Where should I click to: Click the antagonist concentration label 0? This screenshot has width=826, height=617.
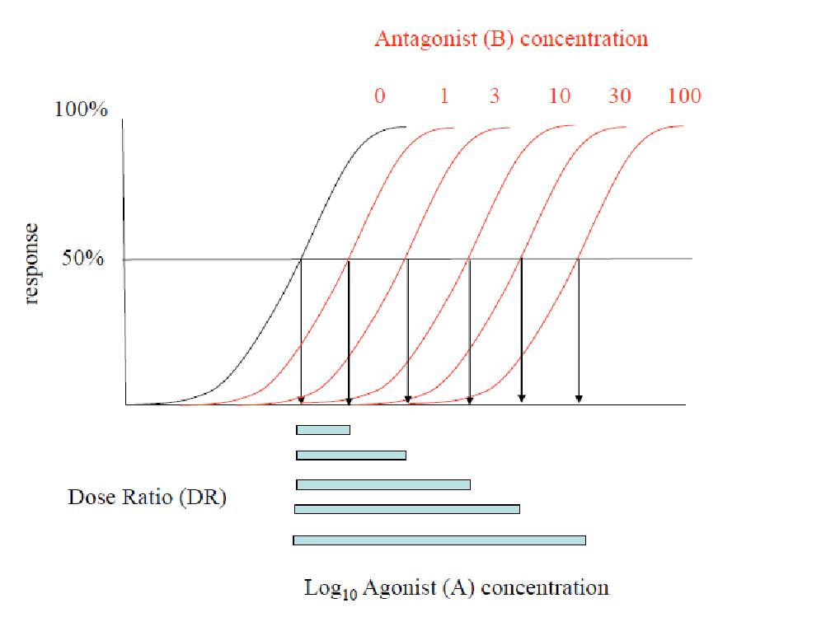[379, 96]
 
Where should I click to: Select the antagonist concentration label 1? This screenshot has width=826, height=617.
[444, 96]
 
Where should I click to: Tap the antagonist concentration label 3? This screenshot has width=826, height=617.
[494, 96]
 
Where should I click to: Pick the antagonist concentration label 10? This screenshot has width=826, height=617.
[559, 96]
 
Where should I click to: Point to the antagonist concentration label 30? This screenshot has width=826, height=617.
[620, 96]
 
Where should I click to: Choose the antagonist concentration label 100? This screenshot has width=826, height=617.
[684, 96]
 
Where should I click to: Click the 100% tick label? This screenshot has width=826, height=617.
[81, 110]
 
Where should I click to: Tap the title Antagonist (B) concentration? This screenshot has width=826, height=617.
[511, 39]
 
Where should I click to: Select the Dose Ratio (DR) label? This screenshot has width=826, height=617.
[147, 498]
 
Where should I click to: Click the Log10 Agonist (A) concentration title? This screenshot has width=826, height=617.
[457, 588]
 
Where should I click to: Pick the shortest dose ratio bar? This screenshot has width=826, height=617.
[323, 429]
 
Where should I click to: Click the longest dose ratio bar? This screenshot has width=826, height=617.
[439, 540]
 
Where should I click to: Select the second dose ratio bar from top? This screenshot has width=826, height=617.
[351, 455]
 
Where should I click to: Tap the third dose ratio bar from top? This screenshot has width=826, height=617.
[383, 484]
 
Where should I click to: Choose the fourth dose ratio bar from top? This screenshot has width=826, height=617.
[407, 509]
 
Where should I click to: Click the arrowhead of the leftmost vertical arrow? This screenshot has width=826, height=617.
[301, 400]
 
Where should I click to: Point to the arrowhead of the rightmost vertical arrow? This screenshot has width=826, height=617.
[579, 400]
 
